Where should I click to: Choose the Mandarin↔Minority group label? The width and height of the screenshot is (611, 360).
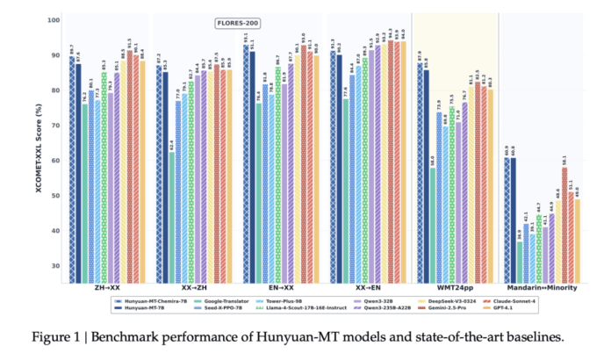click(545, 288)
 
